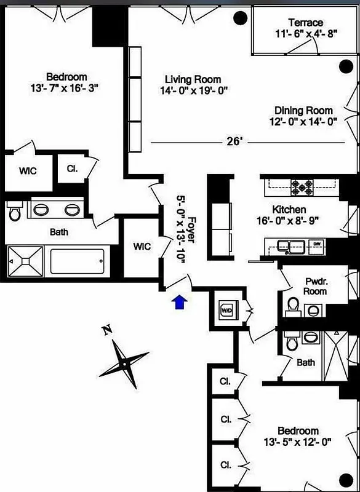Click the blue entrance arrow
tap(180, 302)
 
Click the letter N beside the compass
tap(107, 331)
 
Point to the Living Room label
tap(193, 80)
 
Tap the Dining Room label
tap(304, 111)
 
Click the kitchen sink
tap(291, 246)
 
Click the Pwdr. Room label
tap(316, 286)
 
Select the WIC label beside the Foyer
tap(142, 247)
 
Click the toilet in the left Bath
tap(15, 212)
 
